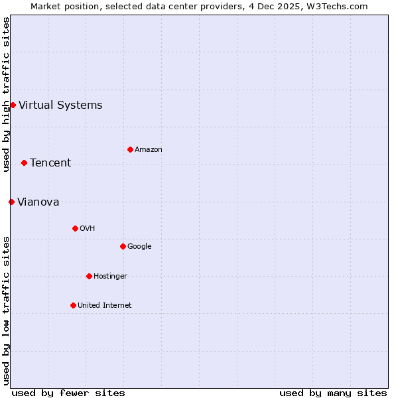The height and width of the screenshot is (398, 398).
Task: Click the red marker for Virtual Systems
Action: [13, 105]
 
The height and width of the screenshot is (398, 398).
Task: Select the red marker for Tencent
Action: [24, 163]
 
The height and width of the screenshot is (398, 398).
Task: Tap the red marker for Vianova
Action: [11, 202]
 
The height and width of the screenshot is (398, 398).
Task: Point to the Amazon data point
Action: [130, 149]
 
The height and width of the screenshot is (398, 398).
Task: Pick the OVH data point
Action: [75, 228]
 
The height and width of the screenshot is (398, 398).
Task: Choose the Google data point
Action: [123, 246]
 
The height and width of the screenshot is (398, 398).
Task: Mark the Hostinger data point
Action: [89, 276]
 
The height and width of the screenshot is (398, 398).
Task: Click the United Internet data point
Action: [73, 305]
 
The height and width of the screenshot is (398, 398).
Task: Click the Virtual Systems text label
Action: [60, 105]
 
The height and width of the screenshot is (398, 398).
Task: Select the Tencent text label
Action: [50, 163]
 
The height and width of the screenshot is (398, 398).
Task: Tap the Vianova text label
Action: [38, 202]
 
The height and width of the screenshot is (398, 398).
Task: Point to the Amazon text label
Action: [149, 149]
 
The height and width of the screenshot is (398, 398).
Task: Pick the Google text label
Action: [139, 246]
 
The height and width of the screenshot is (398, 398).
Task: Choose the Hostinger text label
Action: [110, 276]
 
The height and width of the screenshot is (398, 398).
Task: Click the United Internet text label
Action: [105, 305]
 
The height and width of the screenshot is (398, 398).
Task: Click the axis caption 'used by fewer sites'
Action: [68, 393]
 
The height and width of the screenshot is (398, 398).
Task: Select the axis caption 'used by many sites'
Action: [333, 393]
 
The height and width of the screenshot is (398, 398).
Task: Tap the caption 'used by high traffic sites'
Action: [6, 94]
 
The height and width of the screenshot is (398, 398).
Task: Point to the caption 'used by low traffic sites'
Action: [6, 310]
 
